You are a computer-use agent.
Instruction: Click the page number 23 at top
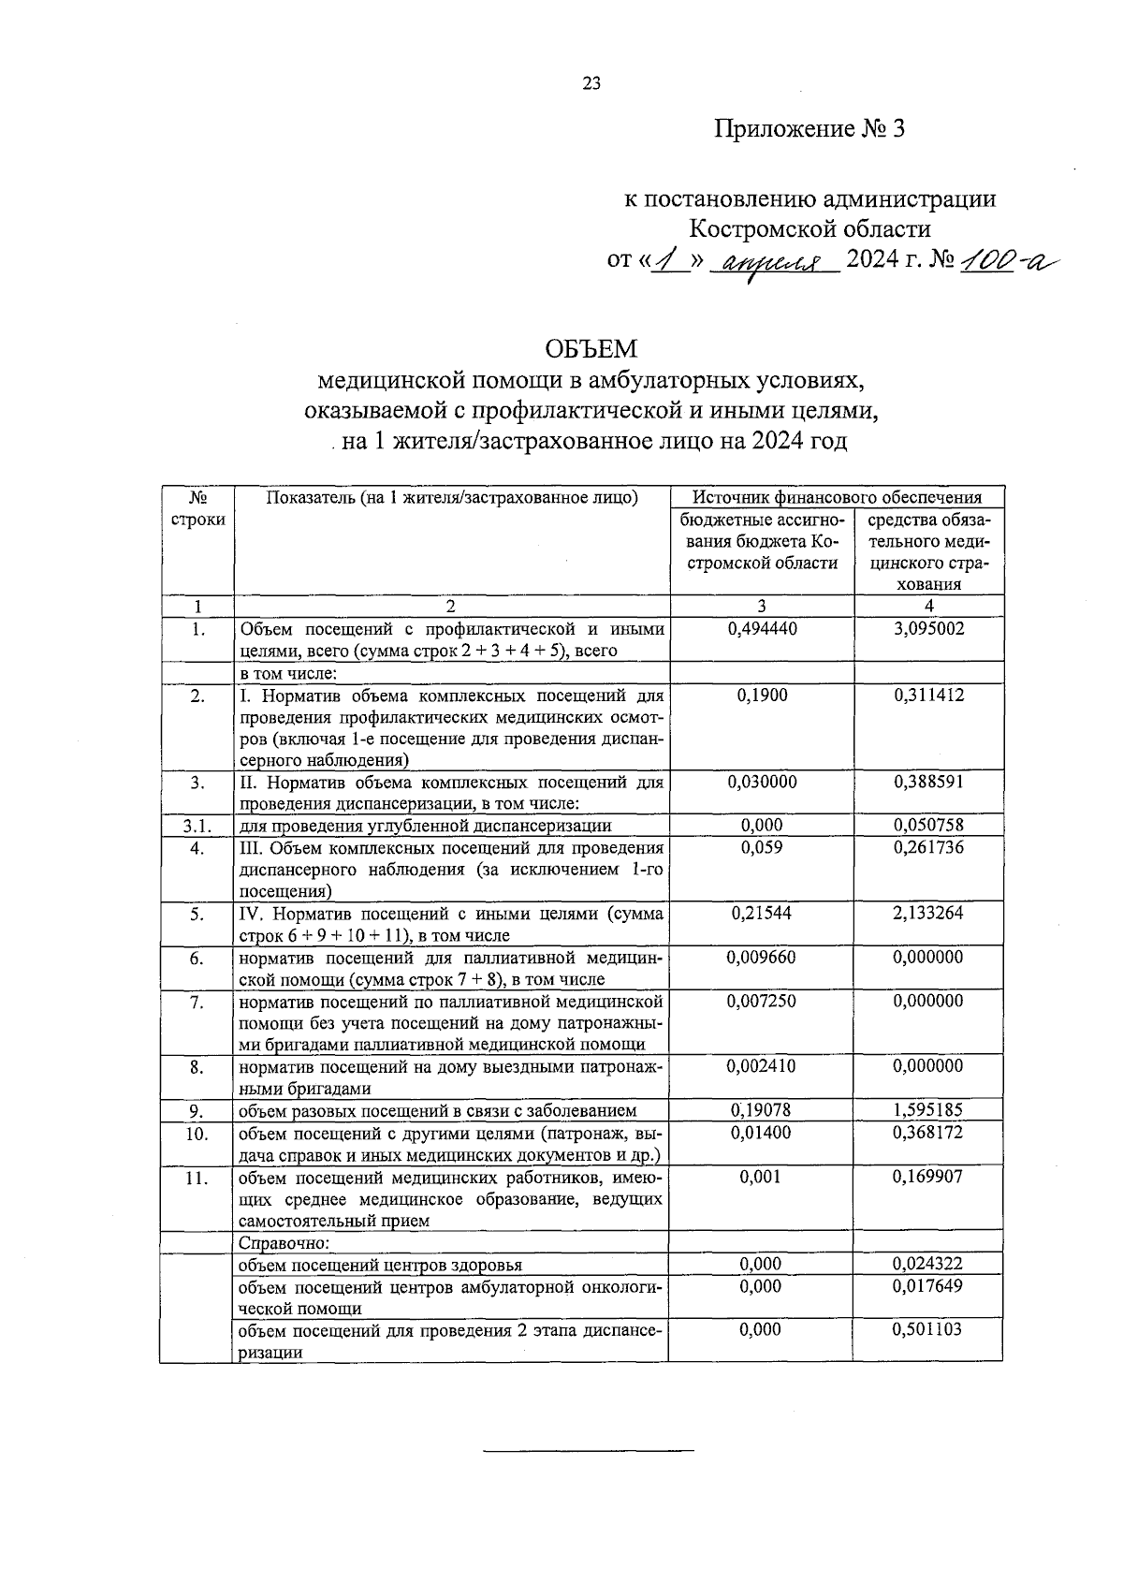coord(591,83)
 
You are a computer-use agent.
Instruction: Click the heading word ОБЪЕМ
coord(591,349)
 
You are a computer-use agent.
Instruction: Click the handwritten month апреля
coord(772,262)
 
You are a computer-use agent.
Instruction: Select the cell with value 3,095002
coord(927,629)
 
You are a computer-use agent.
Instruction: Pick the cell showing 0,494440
coord(762,629)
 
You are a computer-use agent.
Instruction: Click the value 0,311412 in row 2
coord(927,696)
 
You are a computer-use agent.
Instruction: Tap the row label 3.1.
coord(197,826)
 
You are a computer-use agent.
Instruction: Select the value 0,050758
coord(927,826)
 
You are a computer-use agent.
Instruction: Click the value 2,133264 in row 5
coord(927,913)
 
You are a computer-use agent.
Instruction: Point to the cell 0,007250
coord(762,1001)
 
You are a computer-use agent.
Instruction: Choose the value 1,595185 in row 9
coord(927,1110)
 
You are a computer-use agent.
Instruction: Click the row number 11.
coord(197,1178)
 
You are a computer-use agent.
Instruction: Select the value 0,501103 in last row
coord(927,1329)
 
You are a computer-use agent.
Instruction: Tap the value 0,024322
coord(927,1265)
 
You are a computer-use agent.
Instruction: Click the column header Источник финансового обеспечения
coord(837,497)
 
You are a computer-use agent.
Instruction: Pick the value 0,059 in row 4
coord(762,847)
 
